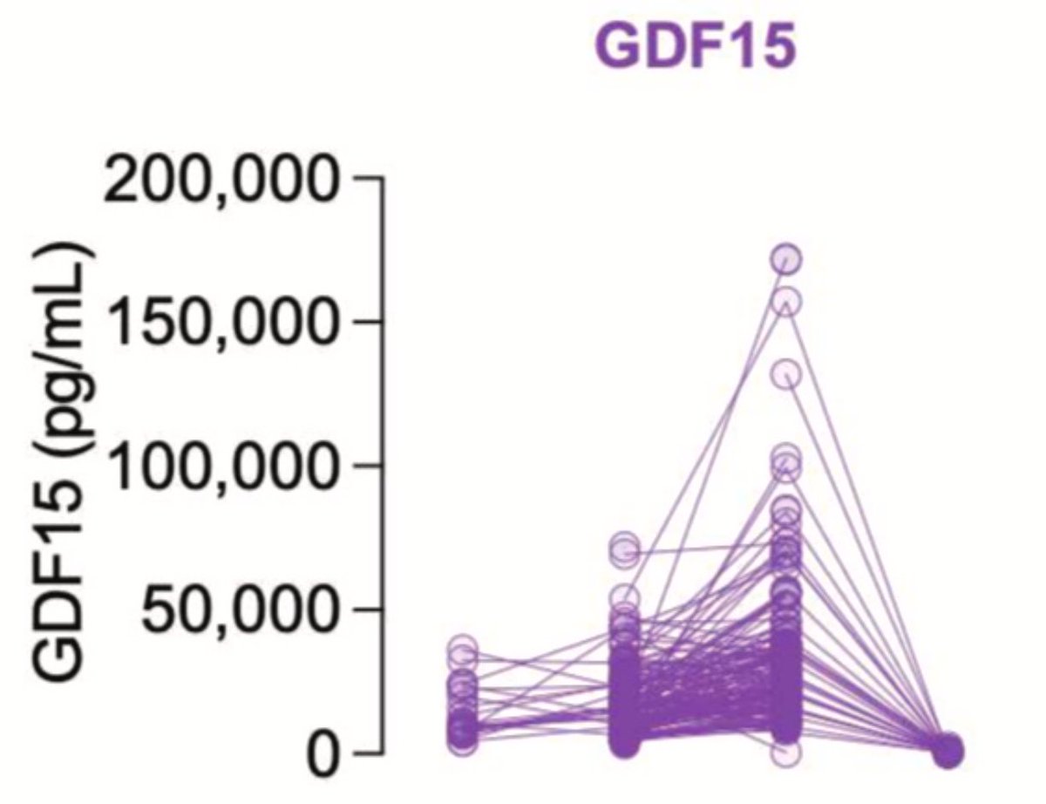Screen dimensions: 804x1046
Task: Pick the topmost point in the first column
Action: pyautogui.click(x=463, y=649)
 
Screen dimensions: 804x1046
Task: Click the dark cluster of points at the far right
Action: pyautogui.click(x=947, y=750)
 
